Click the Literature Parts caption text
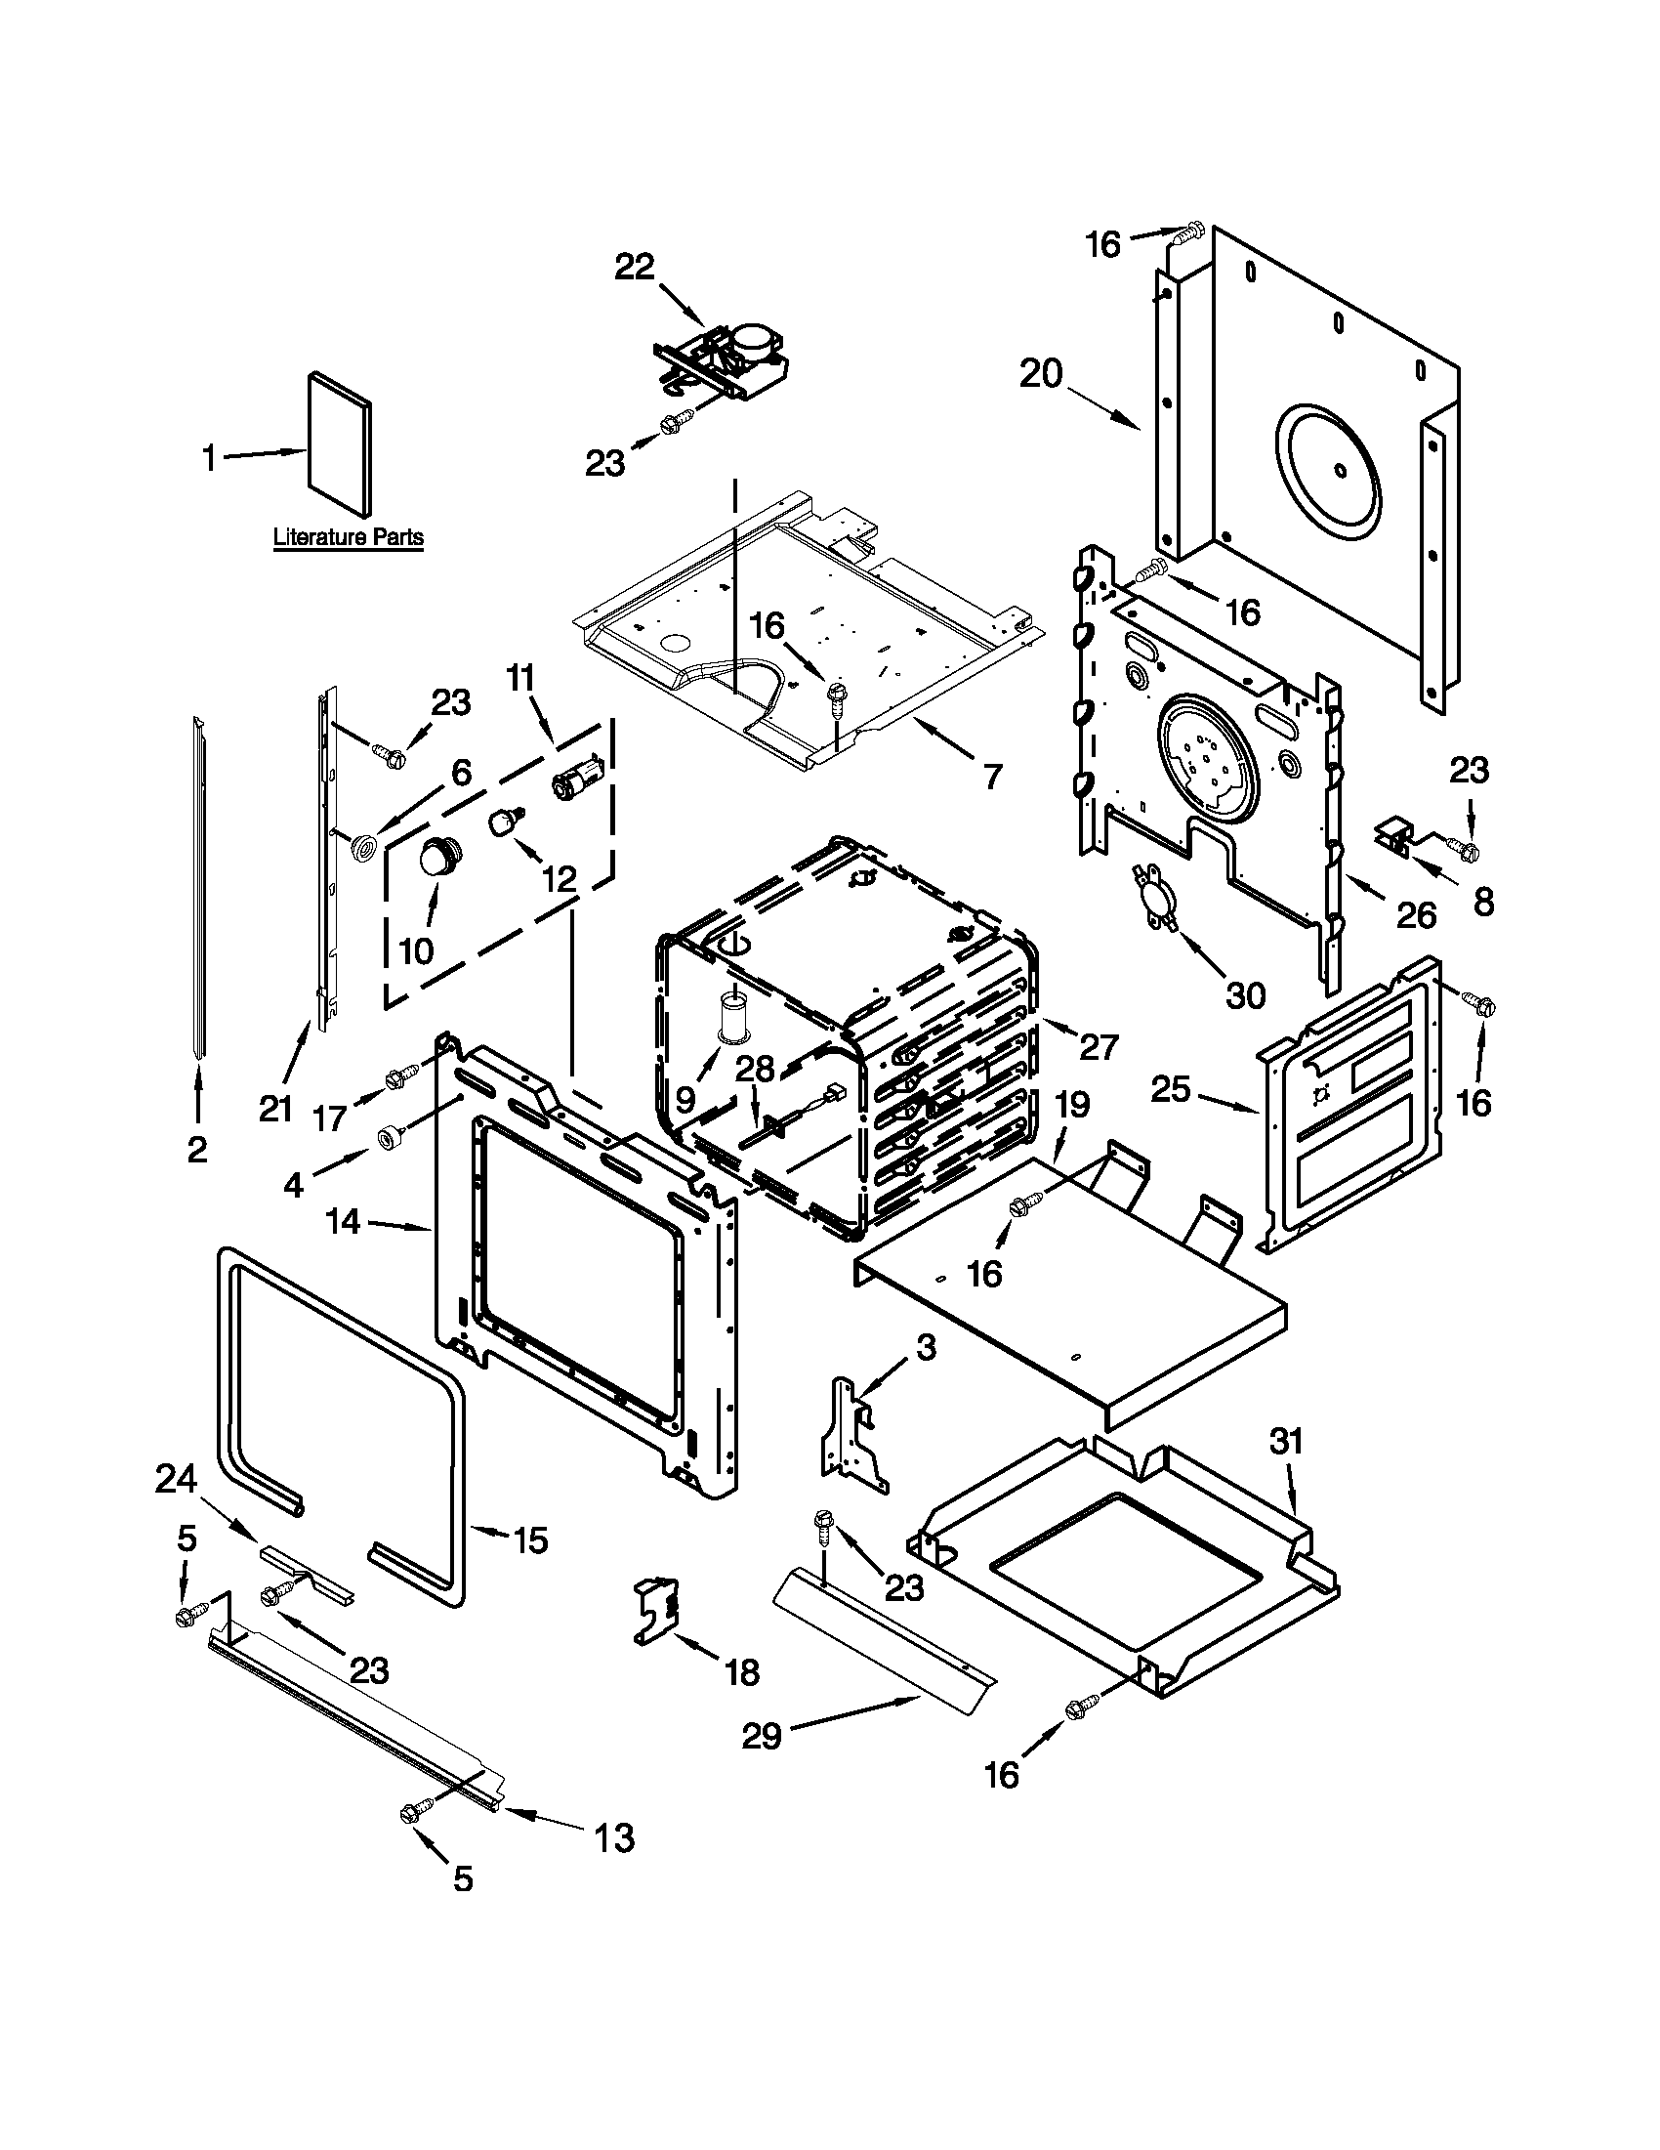(348, 537)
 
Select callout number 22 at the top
(635, 266)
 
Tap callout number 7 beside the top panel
(993, 777)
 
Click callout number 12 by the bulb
(559, 879)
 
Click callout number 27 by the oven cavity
(1099, 1046)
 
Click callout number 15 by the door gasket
(530, 1540)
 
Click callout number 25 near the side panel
(1171, 1089)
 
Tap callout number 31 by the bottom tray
(1285, 1441)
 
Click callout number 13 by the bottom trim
(614, 1838)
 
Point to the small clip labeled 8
(1394, 838)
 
